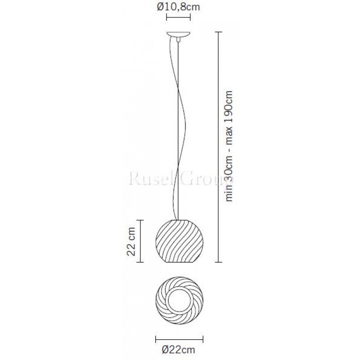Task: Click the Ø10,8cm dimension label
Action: pyautogui.click(x=179, y=7)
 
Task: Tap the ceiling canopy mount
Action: pyautogui.click(x=179, y=34)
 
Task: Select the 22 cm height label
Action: pyautogui.click(x=131, y=241)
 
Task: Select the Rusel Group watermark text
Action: pyautogui.click(x=180, y=180)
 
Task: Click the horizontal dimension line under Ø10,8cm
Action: pyautogui.click(x=179, y=18)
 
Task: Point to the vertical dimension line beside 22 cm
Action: pyautogui.click(x=142, y=241)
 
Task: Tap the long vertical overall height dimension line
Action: pyautogui.click(x=218, y=146)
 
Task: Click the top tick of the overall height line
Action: pyautogui.click(x=218, y=32)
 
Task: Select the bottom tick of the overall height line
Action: pyautogui.click(x=218, y=261)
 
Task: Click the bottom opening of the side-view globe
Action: pyautogui.click(x=179, y=262)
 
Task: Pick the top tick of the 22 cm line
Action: pyautogui.click(x=142, y=220)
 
